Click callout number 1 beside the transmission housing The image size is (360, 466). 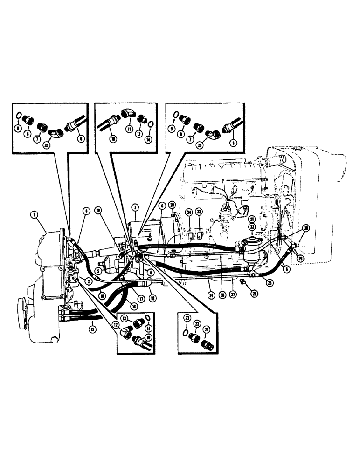coord(34,215)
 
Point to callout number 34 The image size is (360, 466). coord(189,212)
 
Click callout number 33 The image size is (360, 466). coord(200,212)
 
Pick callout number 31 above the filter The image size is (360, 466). coord(251,219)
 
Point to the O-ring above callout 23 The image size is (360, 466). coord(186,332)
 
